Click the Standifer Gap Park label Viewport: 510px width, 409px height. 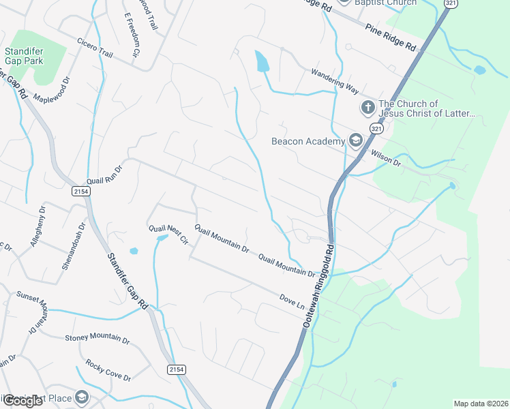(24, 56)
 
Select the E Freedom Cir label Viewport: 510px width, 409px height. (132, 34)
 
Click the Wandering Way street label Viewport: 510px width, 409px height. (335, 80)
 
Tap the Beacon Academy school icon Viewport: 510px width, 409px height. (355, 140)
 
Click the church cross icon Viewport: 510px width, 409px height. (367, 108)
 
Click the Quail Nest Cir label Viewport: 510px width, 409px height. (168, 234)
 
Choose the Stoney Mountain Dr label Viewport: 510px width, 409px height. (97, 338)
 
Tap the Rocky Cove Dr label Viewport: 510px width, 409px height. (108, 372)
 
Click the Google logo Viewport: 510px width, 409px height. (22, 401)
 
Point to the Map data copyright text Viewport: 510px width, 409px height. (480, 404)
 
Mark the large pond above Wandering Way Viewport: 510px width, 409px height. (262, 63)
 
